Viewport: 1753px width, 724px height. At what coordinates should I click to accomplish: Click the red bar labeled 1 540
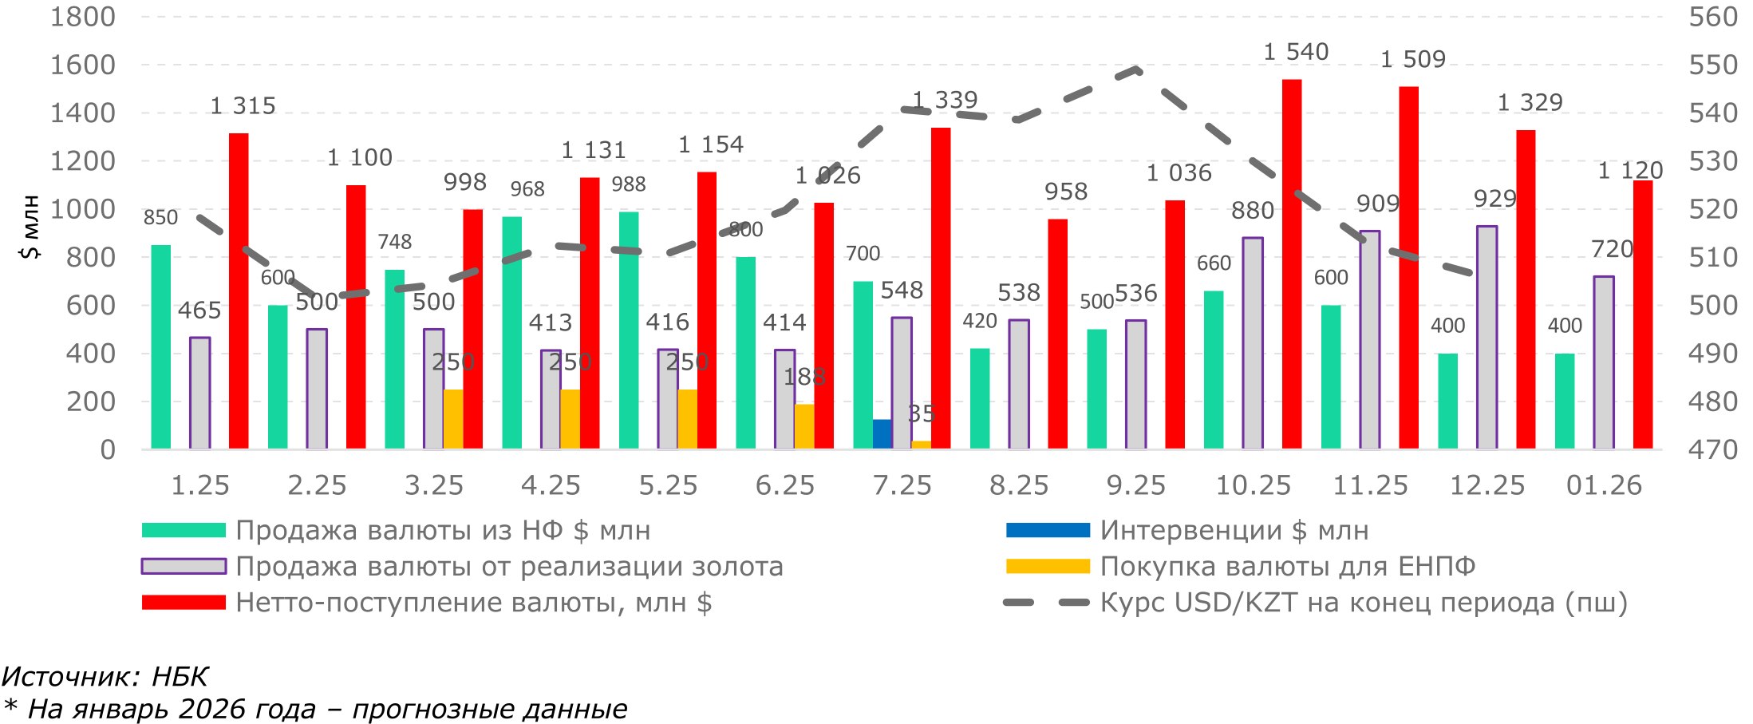(1292, 263)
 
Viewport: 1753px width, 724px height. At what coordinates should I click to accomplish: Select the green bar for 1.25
(161, 346)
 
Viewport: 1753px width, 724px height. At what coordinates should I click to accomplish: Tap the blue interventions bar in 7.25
(882, 433)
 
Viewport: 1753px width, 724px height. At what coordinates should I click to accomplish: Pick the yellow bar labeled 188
(804, 426)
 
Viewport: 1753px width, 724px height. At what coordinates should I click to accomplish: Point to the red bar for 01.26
(1643, 315)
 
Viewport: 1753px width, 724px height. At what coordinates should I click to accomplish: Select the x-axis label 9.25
(1135, 485)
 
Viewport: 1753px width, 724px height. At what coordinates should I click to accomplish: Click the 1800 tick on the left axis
(83, 17)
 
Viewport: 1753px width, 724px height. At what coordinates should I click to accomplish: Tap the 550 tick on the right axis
(1712, 65)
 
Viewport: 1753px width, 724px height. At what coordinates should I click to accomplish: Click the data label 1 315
(243, 106)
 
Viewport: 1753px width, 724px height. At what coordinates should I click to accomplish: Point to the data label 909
(1378, 204)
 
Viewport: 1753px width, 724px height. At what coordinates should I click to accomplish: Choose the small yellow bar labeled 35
(921, 444)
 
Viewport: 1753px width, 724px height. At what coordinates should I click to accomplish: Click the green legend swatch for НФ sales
(184, 530)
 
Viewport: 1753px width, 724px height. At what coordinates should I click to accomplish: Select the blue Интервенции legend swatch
(1048, 530)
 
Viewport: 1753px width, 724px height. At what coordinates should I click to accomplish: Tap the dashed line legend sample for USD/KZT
(1046, 603)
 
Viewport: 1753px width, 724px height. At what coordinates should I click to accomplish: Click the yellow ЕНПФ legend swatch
(1048, 566)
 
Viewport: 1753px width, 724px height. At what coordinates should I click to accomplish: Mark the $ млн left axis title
(30, 227)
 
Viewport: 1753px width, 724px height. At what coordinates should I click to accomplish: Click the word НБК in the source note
(180, 677)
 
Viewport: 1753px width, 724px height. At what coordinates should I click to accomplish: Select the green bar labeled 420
(980, 398)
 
